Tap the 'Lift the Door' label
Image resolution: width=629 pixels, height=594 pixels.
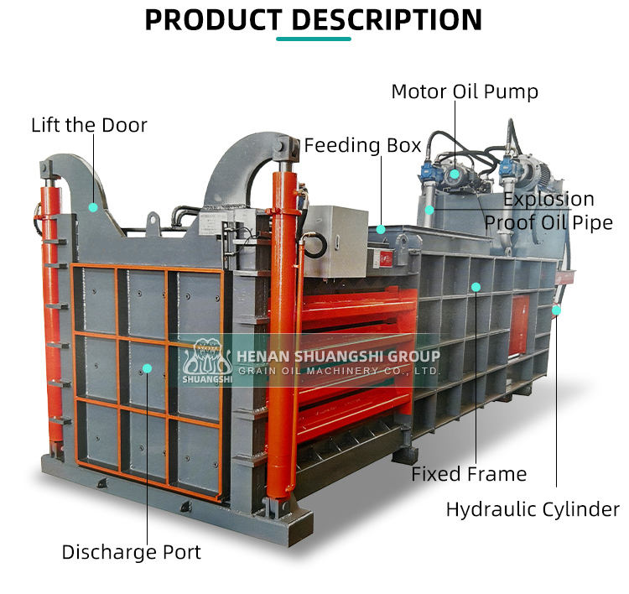(89, 125)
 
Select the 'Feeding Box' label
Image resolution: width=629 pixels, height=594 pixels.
(362, 145)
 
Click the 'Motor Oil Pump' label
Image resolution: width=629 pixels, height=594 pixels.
(465, 91)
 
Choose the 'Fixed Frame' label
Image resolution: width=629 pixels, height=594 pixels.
(469, 474)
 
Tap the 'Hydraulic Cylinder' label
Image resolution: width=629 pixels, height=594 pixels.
(533, 508)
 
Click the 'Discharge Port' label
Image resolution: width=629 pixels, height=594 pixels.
(132, 552)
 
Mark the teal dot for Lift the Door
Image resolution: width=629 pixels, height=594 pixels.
(94, 206)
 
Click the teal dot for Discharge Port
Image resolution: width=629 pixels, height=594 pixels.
(148, 367)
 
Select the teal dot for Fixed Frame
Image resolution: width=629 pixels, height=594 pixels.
(476, 287)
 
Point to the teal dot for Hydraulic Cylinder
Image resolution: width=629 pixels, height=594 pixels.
(556, 310)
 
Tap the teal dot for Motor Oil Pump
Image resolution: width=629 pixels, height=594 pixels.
(455, 175)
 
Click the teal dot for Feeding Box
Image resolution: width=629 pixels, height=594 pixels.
(382, 228)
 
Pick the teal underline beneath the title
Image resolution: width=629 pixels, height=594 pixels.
(314, 39)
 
